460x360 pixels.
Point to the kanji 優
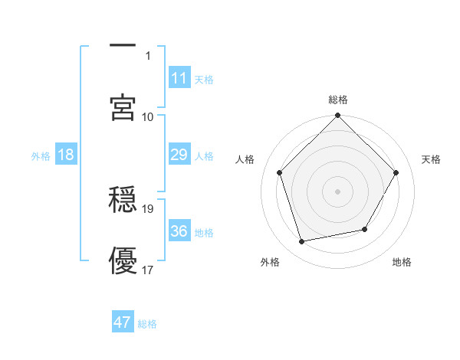click(x=123, y=260)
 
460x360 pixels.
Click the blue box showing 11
click(x=179, y=78)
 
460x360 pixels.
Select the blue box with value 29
click(x=179, y=155)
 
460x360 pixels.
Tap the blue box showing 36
click(x=179, y=231)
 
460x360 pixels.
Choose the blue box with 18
click(x=66, y=155)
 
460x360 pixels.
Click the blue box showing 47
click(x=123, y=322)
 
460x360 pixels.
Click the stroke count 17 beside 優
click(x=149, y=270)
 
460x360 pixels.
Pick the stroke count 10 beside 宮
click(x=149, y=116)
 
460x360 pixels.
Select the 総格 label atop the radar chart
click(x=338, y=100)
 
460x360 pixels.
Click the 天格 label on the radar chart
click(x=432, y=159)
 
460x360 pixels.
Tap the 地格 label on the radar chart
click(x=402, y=262)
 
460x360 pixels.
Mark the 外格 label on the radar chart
click(x=270, y=262)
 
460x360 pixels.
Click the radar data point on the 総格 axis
click(x=338, y=116)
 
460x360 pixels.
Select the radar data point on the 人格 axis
click(x=279, y=172)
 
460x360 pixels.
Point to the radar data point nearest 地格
click(x=365, y=229)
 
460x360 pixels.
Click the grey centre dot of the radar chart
click(x=338, y=191)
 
